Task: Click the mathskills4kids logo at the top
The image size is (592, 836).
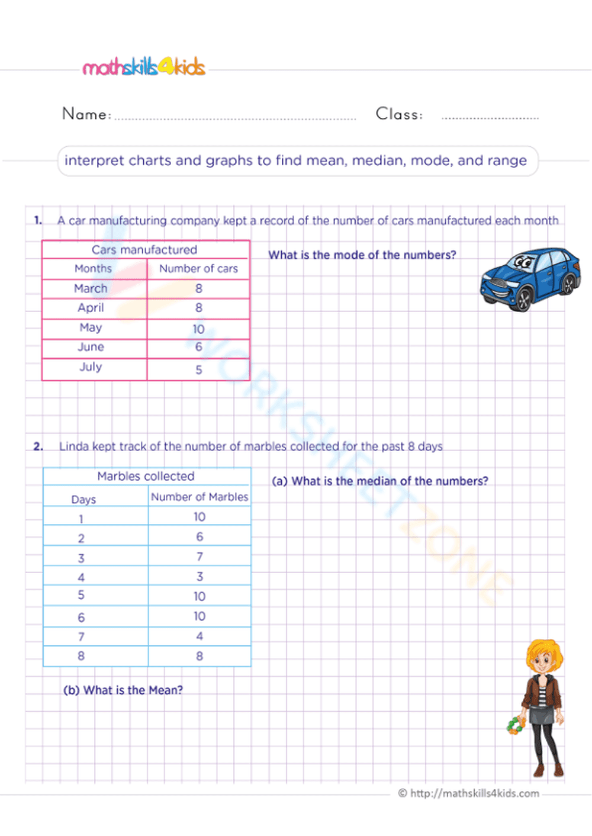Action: click(144, 67)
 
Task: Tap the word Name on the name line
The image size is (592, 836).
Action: click(86, 114)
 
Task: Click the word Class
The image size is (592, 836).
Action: click(399, 114)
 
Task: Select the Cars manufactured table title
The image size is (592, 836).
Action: click(144, 250)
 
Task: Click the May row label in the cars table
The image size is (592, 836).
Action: click(91, 327)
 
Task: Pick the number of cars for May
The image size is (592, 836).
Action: click(198, 329)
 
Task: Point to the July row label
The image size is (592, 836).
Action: click(91, 367)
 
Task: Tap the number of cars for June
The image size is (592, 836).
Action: click(198, 347)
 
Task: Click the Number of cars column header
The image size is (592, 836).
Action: click(198, 269)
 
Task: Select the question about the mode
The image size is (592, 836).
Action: click(362, 255)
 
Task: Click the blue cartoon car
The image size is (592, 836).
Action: click(529, 279)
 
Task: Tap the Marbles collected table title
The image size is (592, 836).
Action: click(146, 476)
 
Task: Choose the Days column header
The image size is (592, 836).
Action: click(83, 500)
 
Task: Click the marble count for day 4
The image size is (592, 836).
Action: click(200, 576)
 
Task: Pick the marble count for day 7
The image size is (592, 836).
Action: click(200, 636)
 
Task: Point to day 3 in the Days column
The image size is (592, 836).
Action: click(81, 558)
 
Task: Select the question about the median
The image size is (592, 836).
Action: click(380, 481)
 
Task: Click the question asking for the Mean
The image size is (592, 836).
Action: click(123, 690)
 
